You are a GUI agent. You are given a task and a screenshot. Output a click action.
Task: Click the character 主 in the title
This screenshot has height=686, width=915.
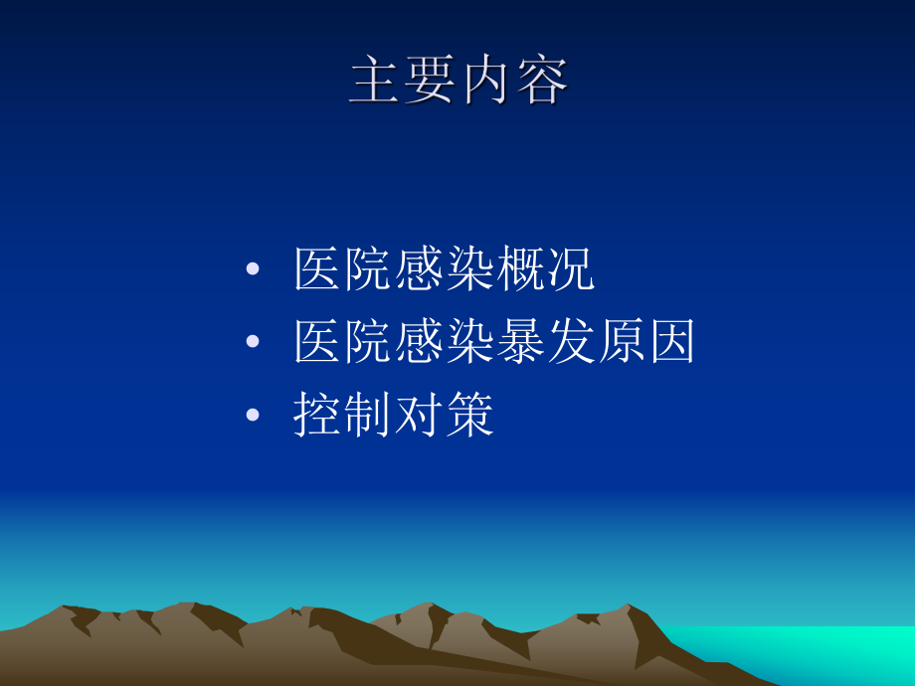click(377, 82)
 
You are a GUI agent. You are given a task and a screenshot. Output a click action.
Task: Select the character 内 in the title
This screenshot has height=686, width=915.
click(486, 82)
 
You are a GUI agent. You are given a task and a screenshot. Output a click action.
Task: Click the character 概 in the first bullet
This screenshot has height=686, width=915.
click(520, 269)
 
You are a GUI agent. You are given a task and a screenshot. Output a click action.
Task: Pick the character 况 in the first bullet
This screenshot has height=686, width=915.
click(571, 269)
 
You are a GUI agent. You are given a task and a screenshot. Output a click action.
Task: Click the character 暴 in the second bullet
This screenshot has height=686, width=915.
click(520, 342)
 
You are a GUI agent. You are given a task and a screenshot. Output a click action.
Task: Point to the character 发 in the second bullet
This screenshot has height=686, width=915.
click(571, 342)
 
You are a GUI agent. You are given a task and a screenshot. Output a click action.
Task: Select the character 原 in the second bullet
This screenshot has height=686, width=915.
click(621, 342)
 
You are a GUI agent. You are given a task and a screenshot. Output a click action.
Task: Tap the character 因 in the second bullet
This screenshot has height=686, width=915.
click(671, 342)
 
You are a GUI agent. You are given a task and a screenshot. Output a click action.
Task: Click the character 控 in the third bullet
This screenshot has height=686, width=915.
click(319, 416)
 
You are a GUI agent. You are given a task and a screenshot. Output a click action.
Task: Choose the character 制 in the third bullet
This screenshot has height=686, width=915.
click(369, 416)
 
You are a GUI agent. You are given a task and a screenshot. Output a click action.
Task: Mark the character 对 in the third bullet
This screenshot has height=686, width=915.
click(420, 416)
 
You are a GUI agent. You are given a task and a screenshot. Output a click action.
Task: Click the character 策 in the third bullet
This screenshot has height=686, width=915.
click(469, 416)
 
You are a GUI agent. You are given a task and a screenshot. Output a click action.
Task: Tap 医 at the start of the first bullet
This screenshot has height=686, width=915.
click(319, 269)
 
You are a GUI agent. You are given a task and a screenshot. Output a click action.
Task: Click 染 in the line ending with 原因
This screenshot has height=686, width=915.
click(469, 342)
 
